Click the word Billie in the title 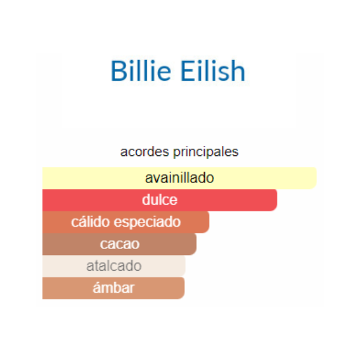(x=141, y=70)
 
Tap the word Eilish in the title (x=213, y=70)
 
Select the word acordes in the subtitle (x=145, y=152)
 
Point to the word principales (x=206, y=152)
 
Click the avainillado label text (x=179, y=178)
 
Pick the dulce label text (x=160, y=200)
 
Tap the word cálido (x=90, y=222)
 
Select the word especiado (x=148, y=222)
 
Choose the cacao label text (x=119, y=244)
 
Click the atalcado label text (x=114, y=266)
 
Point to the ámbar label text (x=113, y=287)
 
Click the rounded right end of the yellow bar (x=316, y=178)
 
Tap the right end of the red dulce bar (x=277, y=200)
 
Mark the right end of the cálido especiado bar (x=209, y=222)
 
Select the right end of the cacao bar (x=196, y=244)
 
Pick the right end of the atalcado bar (x=185, y=266)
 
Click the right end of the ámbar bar (x=184, y=288)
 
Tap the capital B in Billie (x=119, y=71)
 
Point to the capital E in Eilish (x=188, y=71)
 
